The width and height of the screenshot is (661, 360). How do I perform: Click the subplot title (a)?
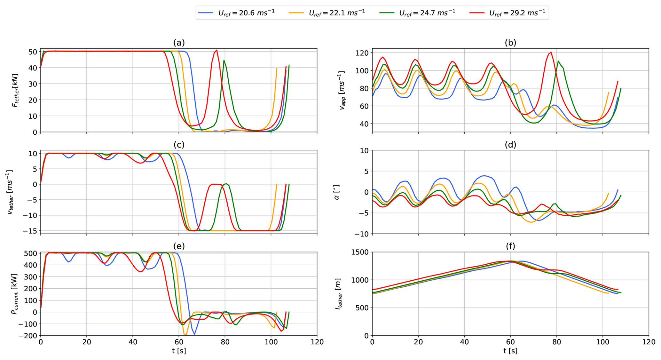point(179,43)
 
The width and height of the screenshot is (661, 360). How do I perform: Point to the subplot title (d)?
point(510,145)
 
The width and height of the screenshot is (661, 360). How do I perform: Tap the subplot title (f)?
point(510,246)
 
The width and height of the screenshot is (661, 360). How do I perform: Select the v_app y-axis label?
point(342,91)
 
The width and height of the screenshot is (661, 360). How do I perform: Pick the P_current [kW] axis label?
point(14,294)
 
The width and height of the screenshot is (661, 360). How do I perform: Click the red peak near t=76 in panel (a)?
point(217,50)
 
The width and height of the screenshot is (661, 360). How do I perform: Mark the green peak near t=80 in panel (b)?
point(558,61)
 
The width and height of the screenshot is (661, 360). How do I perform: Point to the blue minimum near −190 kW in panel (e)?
point(194,334)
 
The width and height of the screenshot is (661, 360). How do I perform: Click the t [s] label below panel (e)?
point(179,351)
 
